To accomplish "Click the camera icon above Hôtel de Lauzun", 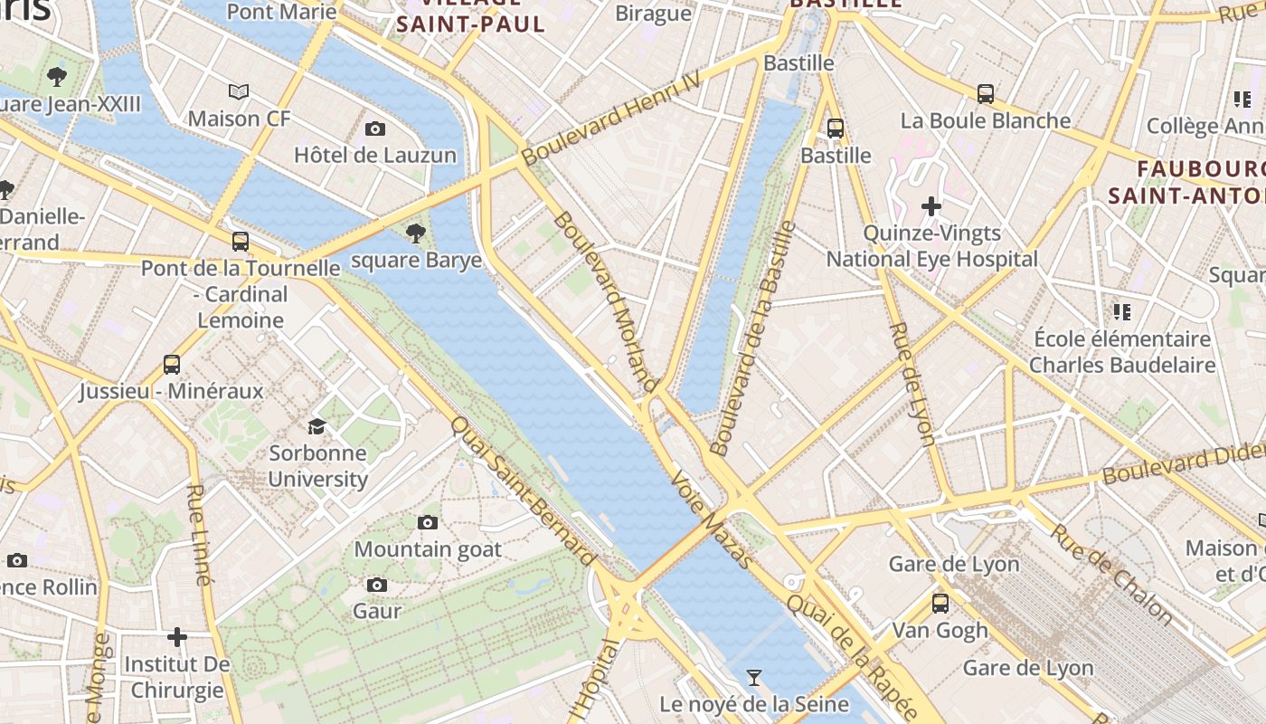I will point(375,129).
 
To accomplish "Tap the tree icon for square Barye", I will point(416,234).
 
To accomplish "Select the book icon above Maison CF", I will point(239,92).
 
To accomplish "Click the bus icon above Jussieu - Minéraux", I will point(172,365).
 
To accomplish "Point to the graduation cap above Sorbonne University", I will point(316,426).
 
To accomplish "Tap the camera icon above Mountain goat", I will point(428,522).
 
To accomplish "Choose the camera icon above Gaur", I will point(377,586).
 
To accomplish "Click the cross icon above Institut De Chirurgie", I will point(177,638).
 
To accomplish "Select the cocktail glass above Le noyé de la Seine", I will point(753,677).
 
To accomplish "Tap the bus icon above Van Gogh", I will point(940,603).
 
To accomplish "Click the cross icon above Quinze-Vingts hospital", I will point(931,206).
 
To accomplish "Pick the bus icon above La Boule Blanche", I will point(986,93).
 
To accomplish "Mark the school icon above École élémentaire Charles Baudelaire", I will point(1122,312).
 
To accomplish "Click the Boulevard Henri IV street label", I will point(611,119).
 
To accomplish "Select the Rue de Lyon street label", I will point(912,384).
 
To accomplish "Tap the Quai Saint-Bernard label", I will point(523,491).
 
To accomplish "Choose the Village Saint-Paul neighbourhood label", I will point(471,15).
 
